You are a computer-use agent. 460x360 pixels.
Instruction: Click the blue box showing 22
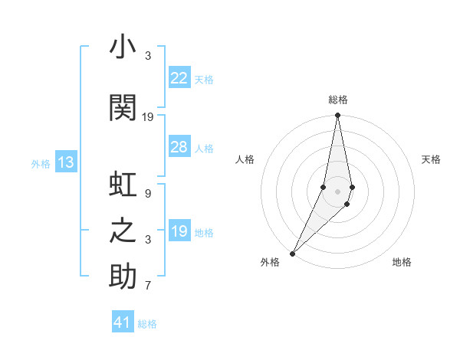click(179, 78)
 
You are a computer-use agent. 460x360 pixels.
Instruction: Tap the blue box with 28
click(179, 147)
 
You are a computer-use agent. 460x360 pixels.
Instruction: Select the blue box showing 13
click(66, 162)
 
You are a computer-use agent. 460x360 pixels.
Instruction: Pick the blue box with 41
click(123, 322)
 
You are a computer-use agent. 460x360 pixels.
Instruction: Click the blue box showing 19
click(179, 231)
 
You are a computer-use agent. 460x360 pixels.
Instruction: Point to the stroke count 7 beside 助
click(148, 286)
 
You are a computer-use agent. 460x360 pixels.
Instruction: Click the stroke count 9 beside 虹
click(148, 194)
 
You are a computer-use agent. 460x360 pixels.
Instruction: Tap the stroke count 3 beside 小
click(148, 56)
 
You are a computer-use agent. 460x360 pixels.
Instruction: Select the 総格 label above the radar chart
click(337, 100)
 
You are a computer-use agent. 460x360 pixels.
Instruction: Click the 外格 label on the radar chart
click(270, 262)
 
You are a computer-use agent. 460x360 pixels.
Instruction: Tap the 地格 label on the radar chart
click(402, 262)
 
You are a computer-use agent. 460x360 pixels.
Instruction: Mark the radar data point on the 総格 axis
click(337, 116)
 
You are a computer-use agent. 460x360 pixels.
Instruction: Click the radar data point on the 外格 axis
click(292, 253)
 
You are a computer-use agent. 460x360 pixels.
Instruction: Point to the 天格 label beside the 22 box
click(204, 79)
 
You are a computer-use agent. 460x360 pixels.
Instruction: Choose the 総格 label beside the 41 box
click(147, 323)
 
